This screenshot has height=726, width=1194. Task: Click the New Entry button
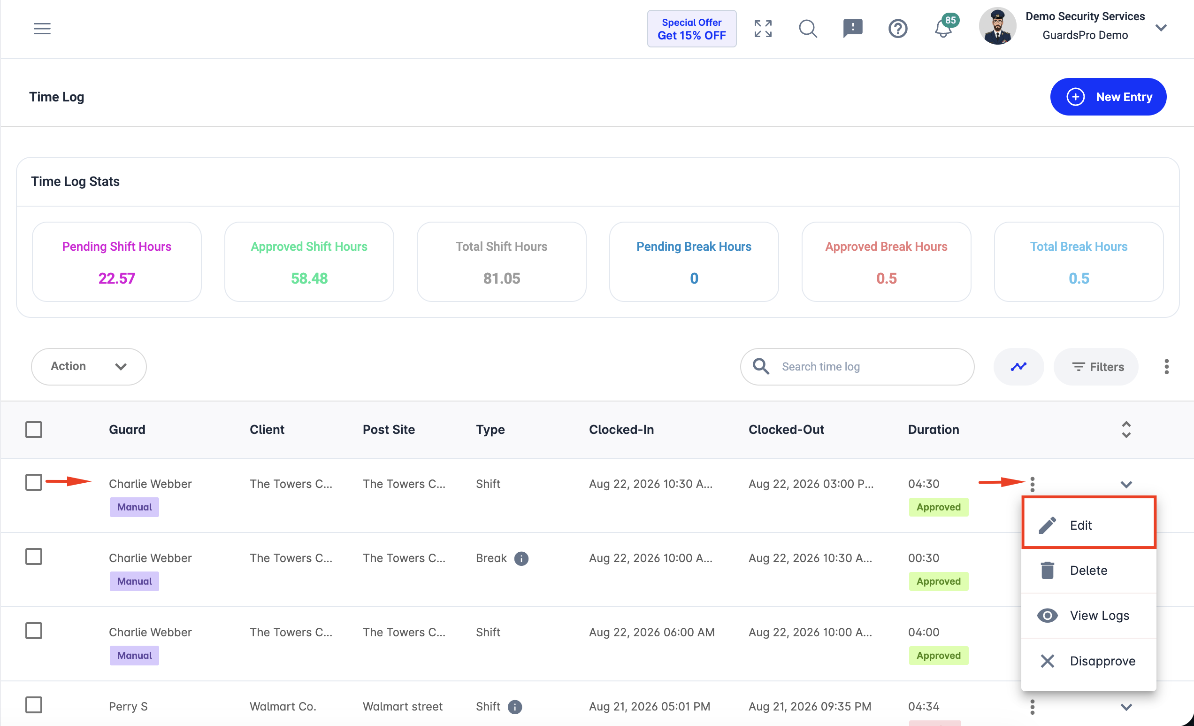coord(1108,97)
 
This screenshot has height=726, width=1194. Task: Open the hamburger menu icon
coord(42,29)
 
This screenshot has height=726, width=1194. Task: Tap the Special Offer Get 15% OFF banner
coord(691,29)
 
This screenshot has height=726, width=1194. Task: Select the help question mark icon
coord(897,29)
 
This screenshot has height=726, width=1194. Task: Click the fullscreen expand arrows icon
coord(763,29)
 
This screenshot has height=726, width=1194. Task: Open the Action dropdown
coord(89,366)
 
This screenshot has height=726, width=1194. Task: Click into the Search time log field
coord(857,367)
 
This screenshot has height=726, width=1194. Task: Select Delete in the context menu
coord(1088,570)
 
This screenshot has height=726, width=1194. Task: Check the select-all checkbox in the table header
coord(34,429)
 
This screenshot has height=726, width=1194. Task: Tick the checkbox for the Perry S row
coord(34,705)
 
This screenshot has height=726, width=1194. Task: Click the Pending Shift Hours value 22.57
coord(117,278)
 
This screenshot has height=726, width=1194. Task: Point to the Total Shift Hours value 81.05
coord(502,278)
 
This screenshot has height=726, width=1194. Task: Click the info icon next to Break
coord(521,559)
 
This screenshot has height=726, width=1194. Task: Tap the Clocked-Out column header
coord(786,429)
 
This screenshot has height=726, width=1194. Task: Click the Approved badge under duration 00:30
coord(938,581)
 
